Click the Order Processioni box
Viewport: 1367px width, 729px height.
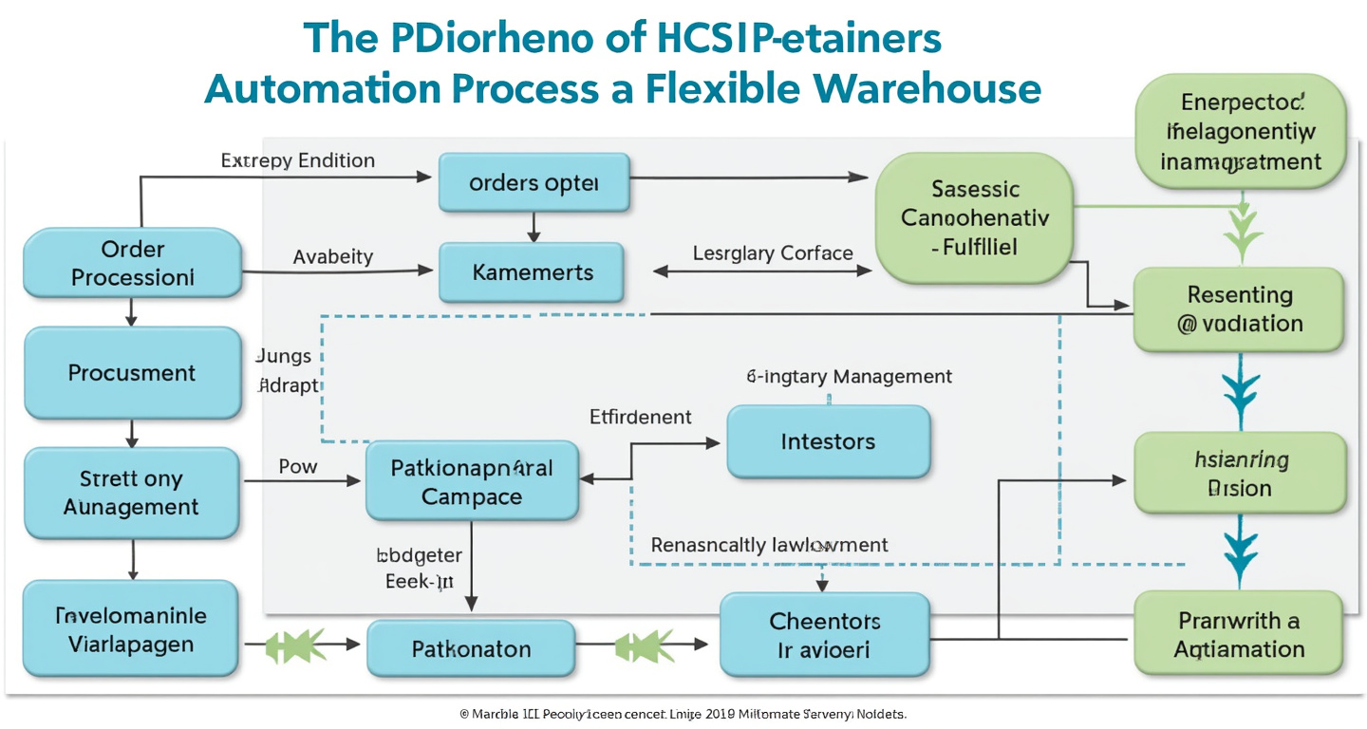[133, 263]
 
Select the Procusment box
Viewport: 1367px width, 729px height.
[133, 373]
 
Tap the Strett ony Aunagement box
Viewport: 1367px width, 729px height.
[133, 493]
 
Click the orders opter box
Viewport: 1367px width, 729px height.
[534, 183]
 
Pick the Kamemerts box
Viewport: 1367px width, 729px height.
[532, 272]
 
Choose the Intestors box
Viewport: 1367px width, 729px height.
[828, 441]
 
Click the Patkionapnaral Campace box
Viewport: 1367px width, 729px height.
[472, 481]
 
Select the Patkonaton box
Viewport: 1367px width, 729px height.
[471, 649]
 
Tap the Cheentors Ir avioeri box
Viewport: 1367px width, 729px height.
[824, 636]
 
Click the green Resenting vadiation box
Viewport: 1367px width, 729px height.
[1240, 309]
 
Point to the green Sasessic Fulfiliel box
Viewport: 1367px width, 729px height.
[974, 219]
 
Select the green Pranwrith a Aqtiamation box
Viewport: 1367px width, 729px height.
[1239, 635]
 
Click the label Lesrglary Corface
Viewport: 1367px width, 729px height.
[773, 253]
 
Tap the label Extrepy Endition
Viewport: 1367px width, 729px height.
[298, 160]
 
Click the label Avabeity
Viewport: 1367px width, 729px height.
[332, 256]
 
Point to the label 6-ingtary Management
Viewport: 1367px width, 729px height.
[849, 376]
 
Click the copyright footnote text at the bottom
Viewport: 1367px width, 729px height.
[683, 713]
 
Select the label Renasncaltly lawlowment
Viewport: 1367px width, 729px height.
[769, 545]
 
